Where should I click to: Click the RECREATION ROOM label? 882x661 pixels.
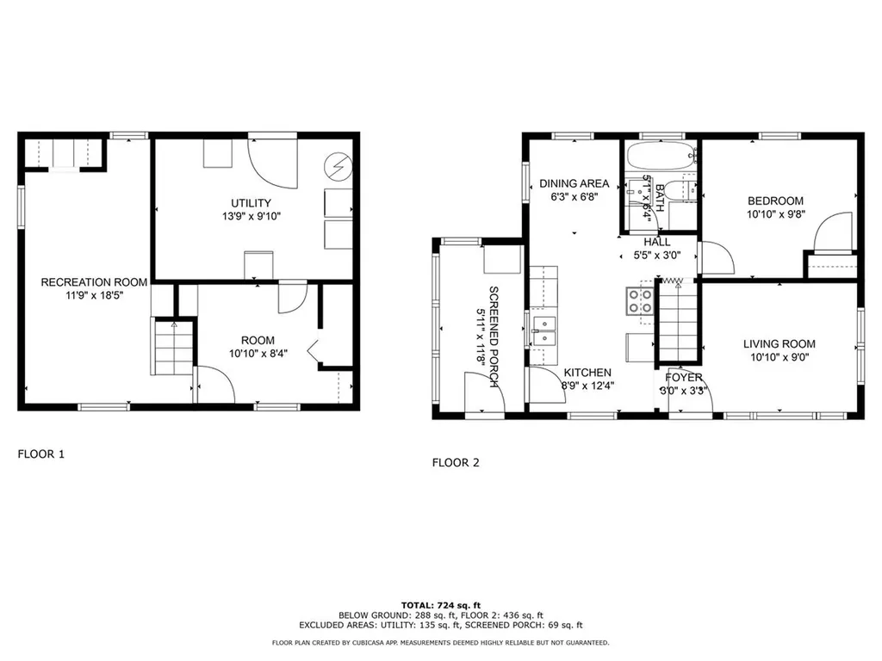point(94,281)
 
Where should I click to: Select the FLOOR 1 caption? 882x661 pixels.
point(41,454)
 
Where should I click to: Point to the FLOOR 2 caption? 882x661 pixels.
point(456,462)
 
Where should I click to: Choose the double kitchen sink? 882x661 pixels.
point(544,331)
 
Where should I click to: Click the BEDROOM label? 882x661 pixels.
point(775,201)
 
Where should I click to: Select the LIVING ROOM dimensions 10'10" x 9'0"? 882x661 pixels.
point(779,358)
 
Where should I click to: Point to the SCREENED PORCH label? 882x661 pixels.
point(494,337)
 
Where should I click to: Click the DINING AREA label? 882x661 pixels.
point(574,183)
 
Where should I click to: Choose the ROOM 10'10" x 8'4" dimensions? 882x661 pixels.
point(258,353)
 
